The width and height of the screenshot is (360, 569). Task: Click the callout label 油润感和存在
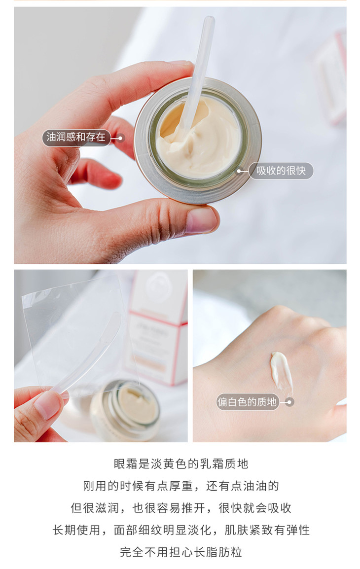(76, 137)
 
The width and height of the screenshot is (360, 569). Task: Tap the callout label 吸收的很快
(281, 171)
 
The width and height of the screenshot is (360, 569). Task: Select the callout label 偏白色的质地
(248, 402)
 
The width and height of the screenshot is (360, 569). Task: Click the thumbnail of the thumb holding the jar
(201, 220)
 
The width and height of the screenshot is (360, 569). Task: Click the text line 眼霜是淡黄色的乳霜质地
(180, 464)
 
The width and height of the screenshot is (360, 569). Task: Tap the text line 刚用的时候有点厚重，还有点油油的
(180, 486)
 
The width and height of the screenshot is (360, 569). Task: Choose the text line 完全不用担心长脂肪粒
(180, 552)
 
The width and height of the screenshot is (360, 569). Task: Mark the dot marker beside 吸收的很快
(240, 171)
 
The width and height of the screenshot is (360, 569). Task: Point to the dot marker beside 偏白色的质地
(289, 402)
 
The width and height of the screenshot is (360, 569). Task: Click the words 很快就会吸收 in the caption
(255, 508)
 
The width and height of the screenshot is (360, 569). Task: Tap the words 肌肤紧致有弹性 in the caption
(267, 530)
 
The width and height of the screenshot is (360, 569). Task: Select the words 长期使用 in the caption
(76, 530)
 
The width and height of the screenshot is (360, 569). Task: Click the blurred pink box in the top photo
(331, 76)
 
